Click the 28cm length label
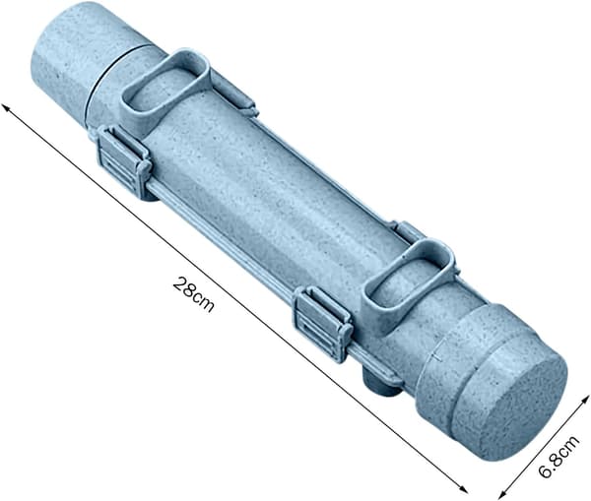click(193, 294)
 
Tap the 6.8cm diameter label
click(558, 457)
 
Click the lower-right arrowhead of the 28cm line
click(464, 489)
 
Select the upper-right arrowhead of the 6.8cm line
click(585, 400)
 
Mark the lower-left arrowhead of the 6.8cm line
click(501, 495)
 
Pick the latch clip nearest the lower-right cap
click(322, 323)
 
